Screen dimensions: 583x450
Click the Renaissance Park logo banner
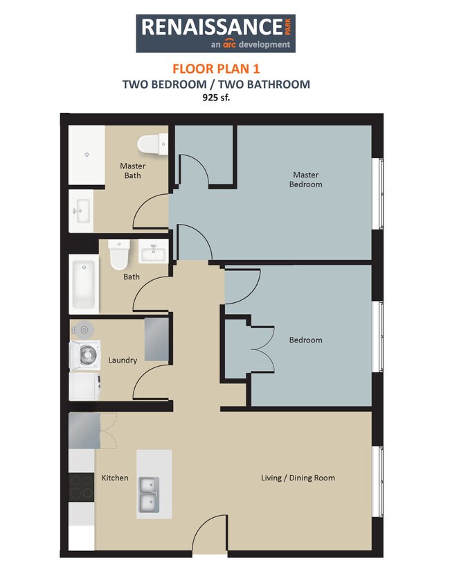216,33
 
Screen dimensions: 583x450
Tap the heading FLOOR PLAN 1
215,69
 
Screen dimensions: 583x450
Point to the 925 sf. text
215,98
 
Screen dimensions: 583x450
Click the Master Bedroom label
306,180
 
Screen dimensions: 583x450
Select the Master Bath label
132,171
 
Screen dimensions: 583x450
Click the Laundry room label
123,360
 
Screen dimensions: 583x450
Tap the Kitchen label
115,478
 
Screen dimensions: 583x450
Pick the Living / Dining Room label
298,478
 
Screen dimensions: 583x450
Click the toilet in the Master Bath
153,144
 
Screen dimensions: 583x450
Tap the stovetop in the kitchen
82,486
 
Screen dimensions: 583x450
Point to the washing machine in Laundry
85,355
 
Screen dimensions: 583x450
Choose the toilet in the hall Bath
120,255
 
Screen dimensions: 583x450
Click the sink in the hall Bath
153,251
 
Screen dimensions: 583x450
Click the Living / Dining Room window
377,481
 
